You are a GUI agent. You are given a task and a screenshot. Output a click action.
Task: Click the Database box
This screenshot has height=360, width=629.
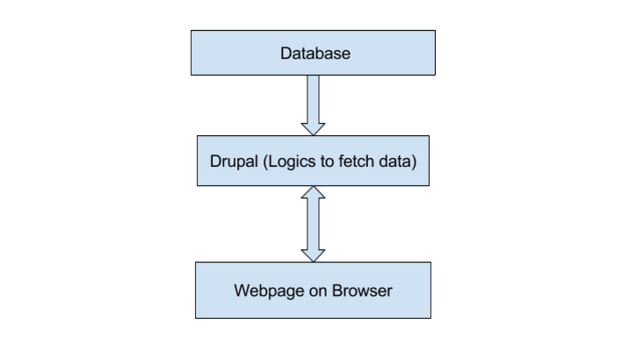coord(314,53)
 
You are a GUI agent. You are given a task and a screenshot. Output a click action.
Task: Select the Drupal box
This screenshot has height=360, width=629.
coord(314,161)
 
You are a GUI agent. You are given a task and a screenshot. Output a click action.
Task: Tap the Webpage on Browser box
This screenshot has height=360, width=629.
coord(314,290)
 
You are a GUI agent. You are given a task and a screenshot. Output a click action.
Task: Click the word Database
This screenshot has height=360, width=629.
coord(314,54)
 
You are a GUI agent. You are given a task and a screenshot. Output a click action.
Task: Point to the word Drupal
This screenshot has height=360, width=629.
coord(233,162)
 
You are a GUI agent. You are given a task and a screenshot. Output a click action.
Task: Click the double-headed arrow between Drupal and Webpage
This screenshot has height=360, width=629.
coord(314,224)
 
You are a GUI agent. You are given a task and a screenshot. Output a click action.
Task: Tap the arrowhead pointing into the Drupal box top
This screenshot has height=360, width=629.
coord(314,128)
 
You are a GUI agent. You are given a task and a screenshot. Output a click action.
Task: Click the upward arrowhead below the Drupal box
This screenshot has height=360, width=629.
coord(314,193)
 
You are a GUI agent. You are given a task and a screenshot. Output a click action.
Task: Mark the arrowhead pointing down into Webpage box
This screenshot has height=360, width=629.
coord(314,255)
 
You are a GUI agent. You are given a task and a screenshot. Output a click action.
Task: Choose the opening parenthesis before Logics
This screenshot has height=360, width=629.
coord(261,162)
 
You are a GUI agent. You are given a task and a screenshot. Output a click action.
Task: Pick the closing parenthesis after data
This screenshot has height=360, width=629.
coord(413,162)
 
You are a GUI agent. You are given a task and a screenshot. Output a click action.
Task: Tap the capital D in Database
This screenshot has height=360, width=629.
coord(286,54)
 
